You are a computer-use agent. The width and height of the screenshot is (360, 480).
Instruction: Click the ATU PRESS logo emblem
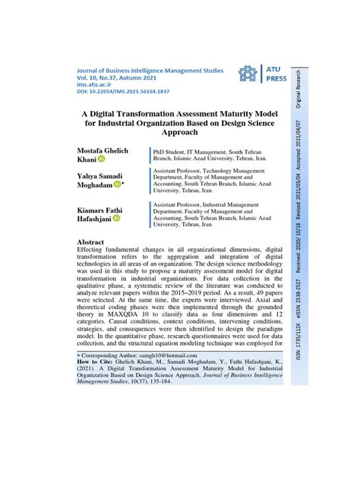[x=248, y=74]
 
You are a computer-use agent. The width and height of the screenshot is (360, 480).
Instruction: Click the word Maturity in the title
[x=226, y=109]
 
